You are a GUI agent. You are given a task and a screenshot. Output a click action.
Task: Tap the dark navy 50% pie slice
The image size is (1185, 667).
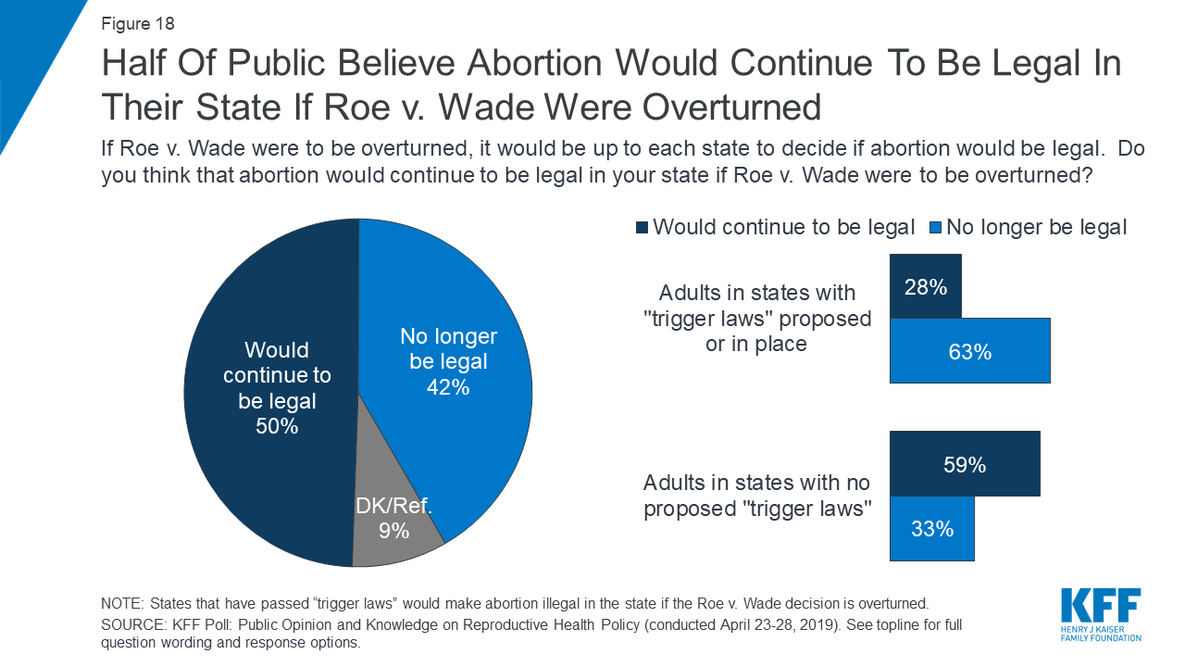point(268,389)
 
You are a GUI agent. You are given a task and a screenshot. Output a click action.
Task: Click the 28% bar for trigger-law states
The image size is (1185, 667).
point(925,286)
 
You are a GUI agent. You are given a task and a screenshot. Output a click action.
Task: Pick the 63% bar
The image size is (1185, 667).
point(969,351)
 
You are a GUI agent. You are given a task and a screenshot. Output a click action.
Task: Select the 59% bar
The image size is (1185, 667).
point(964,464)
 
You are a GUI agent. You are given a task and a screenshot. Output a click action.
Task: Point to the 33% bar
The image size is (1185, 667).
point(931,529)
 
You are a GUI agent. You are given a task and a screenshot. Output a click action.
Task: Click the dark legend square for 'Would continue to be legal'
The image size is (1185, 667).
point(642,228)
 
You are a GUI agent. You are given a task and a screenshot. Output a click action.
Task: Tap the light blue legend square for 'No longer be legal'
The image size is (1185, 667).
point(934,228)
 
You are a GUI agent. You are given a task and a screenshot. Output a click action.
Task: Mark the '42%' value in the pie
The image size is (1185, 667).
point(448,387)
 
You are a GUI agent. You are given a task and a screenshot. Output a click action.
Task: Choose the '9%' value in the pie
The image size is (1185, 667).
point(394,532)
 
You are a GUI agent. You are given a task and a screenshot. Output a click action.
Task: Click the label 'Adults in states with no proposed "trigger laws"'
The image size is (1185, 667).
point(757,496)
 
